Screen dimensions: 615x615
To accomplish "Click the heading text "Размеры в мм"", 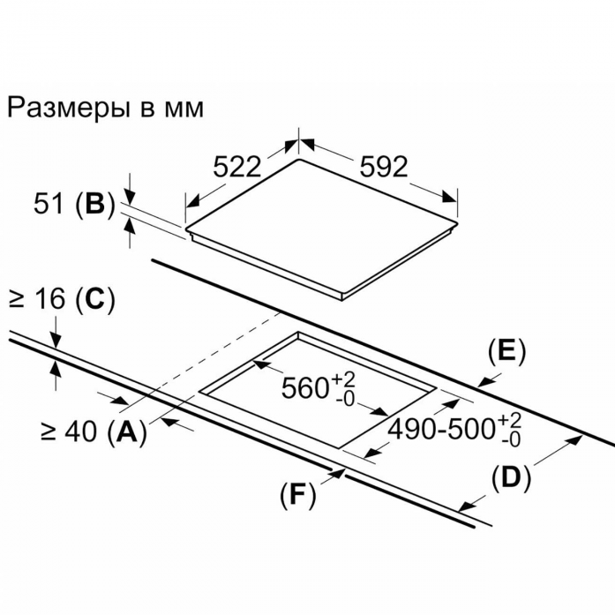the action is pyautogui.click(x=105, y=108).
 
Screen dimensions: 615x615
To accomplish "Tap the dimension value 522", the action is pyautogui.click(x=236, y=166).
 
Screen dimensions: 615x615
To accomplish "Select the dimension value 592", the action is pyautogui.click(x=384, y=166).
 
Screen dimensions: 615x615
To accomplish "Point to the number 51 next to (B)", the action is pyautogui.click(x=49, y=204).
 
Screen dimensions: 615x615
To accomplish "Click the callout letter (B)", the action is pyautogui.click(x=95, y=205).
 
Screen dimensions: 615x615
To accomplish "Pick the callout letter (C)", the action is pyautogui.click(x=95, y=300).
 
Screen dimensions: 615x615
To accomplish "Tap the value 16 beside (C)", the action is pyautogui.click(x=49, y=299).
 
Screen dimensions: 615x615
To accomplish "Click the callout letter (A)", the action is pyautogui.click(x=126, y=432).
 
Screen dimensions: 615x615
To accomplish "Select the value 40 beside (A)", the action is pyautogui.click(x=80, y=431).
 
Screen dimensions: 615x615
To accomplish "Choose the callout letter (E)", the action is pyautogui.click(x=506, y=351).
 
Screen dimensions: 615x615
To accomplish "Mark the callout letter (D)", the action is pyautogui.click(x=511, y=478).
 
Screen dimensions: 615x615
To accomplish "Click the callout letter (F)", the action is pyautogui.click(x=297, y=495).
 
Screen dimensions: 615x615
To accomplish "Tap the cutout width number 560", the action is pyautogui.click(x=305, y=388).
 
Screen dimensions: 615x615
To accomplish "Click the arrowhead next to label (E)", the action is pyautogui.click(x=486, y=381).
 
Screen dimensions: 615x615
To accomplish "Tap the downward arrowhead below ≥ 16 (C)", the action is pyautogui.click(x=56, y=341).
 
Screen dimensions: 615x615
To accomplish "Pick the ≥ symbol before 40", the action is pyautogui.click(x=48, y=432).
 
